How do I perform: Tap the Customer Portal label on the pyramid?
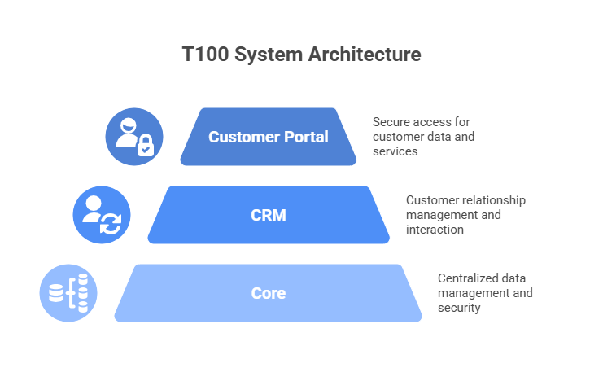(x=268, y=137)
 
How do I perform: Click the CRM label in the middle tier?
(x=268, y=216)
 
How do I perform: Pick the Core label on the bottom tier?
(x=268, y=293)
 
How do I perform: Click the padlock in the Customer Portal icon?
(x=144, y=147)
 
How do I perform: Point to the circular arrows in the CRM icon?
(x=110, y=226)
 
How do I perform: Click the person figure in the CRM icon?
(x=92, y=210)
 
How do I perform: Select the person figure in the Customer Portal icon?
(x=128, y=132)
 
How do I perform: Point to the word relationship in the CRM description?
(x=491, y=199)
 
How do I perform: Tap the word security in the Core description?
(x=459, y=308)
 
